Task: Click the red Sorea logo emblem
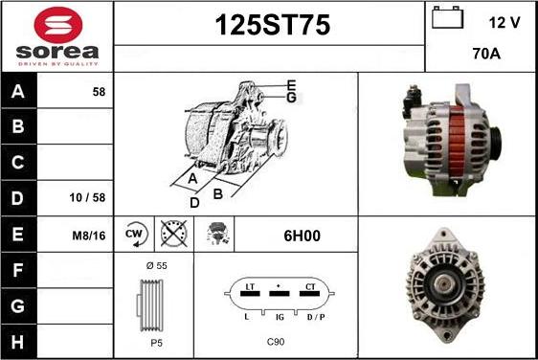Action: (58, 25)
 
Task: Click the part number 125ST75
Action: (273, 25)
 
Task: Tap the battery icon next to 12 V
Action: (447, 17)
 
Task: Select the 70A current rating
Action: (486, 54)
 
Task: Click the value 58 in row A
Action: (99, 92)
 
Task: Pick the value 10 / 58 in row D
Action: (87, 197)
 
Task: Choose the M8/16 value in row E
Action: (88, 236)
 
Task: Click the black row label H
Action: (18, 342)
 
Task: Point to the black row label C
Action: (18, 162)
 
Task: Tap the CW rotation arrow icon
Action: (136, 234)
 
